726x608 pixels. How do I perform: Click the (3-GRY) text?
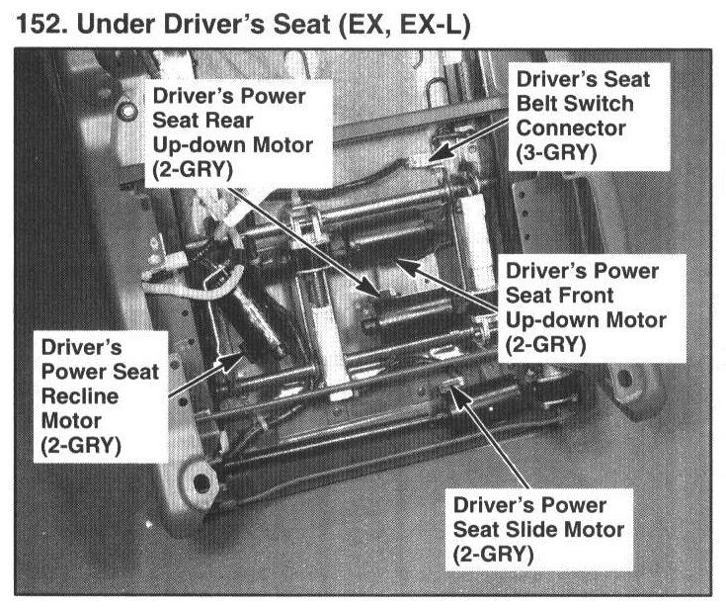[x=555, y=154]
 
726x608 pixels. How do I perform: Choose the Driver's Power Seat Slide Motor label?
[x=537, y=529]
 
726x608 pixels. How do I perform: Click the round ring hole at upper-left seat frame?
[x=125, y=110]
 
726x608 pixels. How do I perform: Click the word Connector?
[x=567, y=129]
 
